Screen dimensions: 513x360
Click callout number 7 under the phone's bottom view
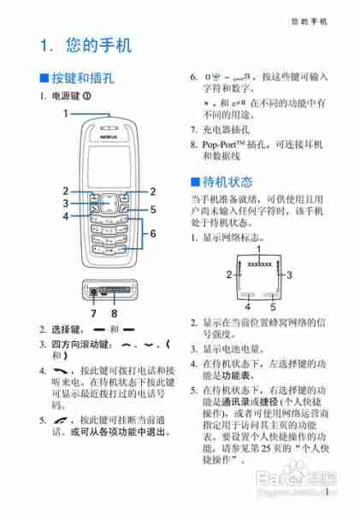point(91,313)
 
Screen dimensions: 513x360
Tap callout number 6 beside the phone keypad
point(153,233)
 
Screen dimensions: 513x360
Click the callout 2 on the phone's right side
point(153,191)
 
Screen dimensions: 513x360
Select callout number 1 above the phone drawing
point(65,112)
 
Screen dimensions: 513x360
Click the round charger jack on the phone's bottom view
point(92,293)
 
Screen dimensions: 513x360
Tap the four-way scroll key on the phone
point(109,202)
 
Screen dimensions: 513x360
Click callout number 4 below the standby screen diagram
point(248,305)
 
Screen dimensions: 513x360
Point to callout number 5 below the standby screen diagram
point(273,305)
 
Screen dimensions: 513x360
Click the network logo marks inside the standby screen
point(260,264)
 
